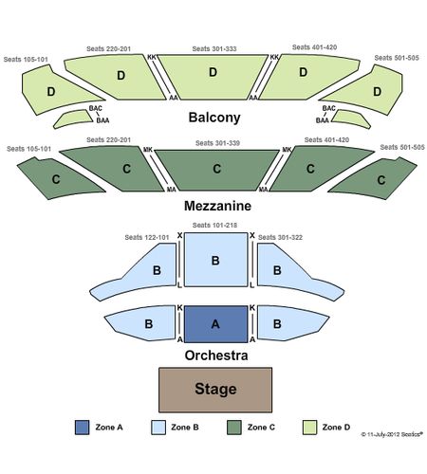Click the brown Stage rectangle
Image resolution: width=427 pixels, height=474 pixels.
coord(215,390)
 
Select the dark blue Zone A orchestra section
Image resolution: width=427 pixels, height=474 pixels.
coord(215,324)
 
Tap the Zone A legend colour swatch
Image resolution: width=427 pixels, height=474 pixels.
coord(82,428)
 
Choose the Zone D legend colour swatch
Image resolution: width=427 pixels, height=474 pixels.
coord(309,428)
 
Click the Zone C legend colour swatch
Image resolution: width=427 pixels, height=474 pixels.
coord(234,428)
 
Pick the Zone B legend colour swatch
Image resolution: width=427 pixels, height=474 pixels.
coord(158,428)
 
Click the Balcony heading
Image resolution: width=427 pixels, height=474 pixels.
coord(214,118)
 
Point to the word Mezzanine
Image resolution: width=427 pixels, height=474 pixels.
coord(217,206)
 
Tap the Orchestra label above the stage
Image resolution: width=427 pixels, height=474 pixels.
coord(216,355)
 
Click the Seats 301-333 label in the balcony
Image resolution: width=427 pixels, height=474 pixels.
coord(214,48)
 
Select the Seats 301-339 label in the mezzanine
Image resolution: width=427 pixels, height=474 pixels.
coord(217,143)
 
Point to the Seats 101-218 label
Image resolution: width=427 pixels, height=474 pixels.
coord(214,225)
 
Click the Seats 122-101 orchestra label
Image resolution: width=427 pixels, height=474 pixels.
coord(147,237)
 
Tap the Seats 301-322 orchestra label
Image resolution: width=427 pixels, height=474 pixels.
coord(280,237)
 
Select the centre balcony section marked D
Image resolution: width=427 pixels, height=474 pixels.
coord(213,77)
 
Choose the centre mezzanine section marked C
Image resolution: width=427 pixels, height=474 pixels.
coord(217,170)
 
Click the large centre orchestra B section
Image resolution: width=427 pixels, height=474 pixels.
coord(215,260)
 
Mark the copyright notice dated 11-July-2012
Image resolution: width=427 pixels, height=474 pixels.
coord(392,434)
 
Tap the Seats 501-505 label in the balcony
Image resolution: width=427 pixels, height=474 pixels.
coord(397,58)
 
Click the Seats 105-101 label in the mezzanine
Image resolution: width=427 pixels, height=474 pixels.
coord(28,149)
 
